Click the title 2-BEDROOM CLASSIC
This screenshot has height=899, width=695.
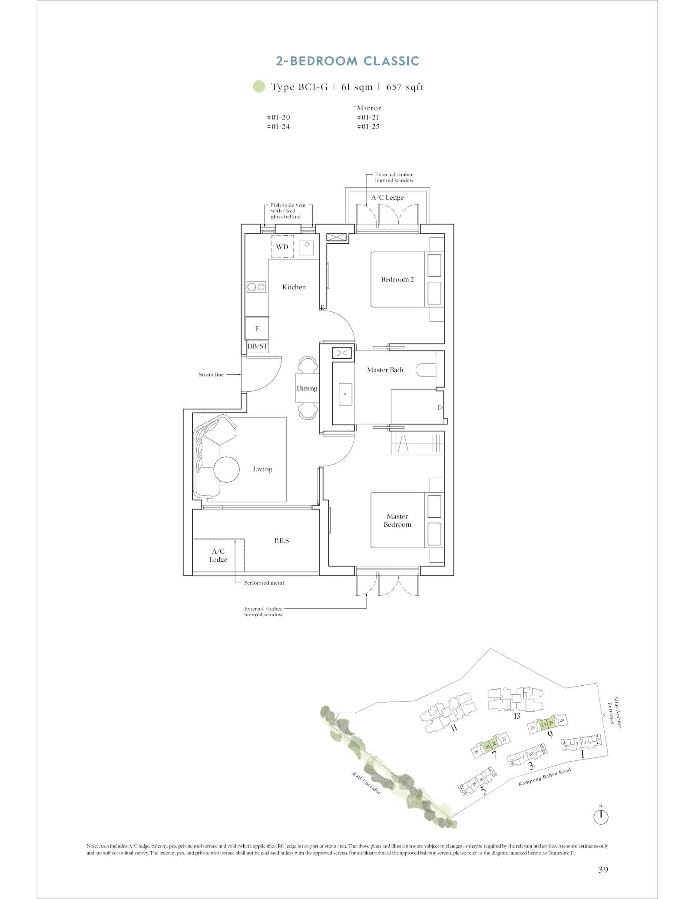point(347,61)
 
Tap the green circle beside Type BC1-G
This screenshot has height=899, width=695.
point(259,86)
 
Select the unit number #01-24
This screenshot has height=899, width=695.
point(278,127)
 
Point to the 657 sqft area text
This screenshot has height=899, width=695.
point(405,87)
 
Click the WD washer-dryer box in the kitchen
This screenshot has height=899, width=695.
point(282,247)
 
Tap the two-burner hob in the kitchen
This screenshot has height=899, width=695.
point(256,287)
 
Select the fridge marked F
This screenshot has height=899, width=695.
point(257,328)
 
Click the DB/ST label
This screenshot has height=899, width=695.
point(258,346)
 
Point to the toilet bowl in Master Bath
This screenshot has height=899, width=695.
point(425,370)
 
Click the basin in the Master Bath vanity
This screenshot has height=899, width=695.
point(345,394)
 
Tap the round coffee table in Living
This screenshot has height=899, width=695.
point(226,469)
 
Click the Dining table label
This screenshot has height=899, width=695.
point(307,388)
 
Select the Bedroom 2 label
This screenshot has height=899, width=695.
point(397,279)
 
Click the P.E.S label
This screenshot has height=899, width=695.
point(281,540)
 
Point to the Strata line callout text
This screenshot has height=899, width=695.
point(211,374)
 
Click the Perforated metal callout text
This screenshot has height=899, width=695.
point(264,583)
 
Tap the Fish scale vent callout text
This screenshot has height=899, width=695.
point(288,211)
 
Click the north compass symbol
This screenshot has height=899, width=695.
point(601,816)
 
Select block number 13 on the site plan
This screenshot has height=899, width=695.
point(516,716)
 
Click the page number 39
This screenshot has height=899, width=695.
point(603,869)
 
